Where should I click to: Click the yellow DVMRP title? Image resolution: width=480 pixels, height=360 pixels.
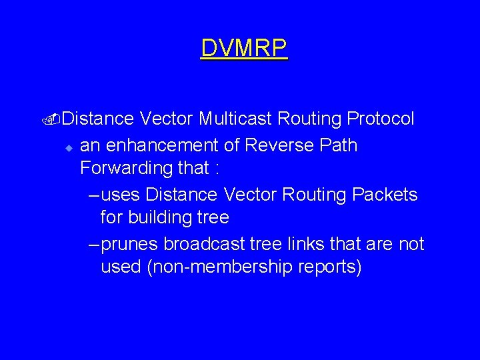(244, 48)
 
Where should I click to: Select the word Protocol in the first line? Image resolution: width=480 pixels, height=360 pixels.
(381, 119)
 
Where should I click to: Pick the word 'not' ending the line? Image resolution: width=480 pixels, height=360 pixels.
(411, 244)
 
